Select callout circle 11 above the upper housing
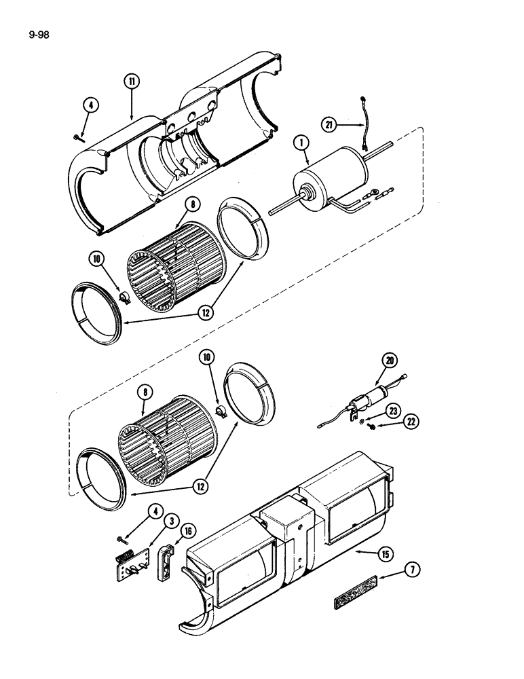pyautogui.click(x=131, y=81)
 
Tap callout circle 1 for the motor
pyautogui.click(x=300, y=145)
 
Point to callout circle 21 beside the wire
pyautogui.click(x=331, y=124)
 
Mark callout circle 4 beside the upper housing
pyautogui.click(x=91, y=105)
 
